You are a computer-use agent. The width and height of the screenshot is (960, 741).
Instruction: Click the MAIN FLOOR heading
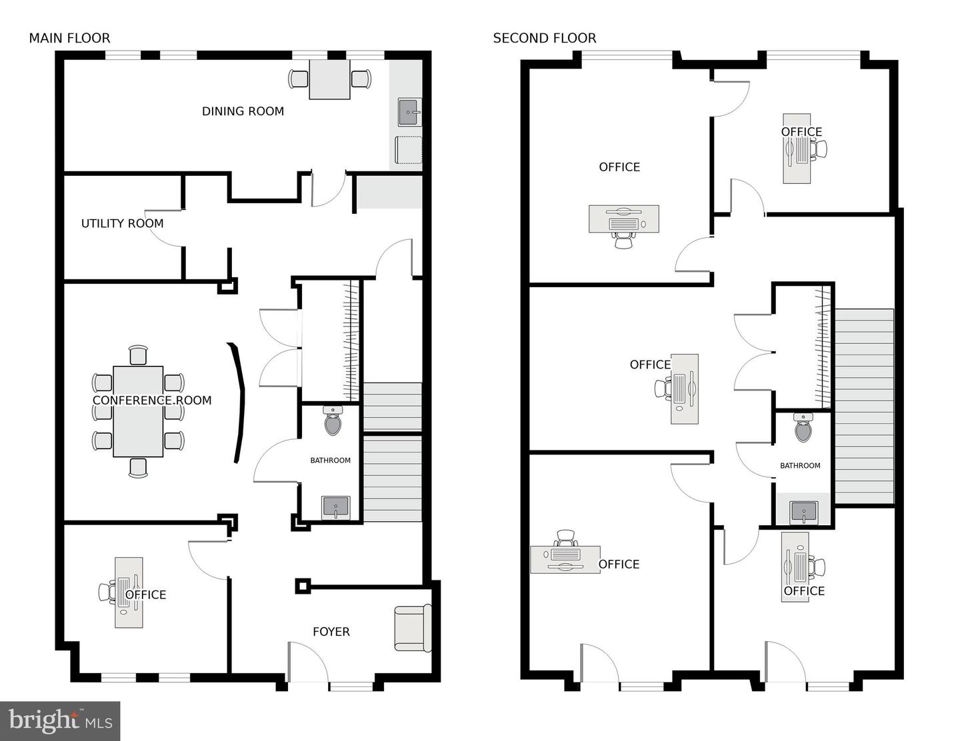coord(69,38)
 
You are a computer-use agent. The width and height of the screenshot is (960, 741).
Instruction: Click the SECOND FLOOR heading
coord(544,38)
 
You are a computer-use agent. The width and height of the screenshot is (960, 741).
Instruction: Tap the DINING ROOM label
coord(243,111)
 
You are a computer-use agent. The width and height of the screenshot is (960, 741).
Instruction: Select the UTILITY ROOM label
coord(122,223)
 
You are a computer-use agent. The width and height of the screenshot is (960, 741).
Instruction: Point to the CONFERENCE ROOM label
coord(152,400)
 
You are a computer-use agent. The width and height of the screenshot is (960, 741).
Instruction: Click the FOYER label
coord(331,632)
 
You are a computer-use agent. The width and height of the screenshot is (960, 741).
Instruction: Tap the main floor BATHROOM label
coord(330,460)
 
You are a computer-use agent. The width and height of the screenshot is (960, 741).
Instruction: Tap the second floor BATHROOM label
coord(800,466)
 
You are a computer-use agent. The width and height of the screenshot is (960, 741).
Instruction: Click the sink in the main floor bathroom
coord(335,507)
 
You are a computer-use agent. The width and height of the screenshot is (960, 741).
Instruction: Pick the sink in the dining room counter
coord(409,113)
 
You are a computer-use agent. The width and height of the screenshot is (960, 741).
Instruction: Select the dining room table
coord(330,79)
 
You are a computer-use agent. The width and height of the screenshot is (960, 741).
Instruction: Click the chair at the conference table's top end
coord(138,355)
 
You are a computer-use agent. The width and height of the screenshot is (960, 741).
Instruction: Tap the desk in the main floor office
coord(129,592)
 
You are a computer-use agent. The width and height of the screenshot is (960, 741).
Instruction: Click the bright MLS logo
coord(60,721)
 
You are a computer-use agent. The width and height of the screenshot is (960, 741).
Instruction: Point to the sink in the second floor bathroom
coord(803,512)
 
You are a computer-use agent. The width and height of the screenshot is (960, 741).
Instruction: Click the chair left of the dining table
coord(298,79)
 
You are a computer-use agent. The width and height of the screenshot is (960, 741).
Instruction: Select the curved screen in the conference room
coord(237,402)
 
